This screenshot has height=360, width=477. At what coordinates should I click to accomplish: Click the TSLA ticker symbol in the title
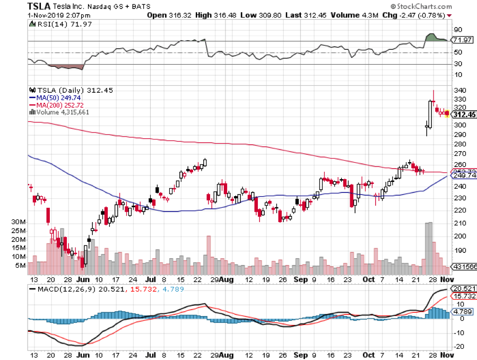point(41,6)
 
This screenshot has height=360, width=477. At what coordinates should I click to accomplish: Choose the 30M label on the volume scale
point(19,222)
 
